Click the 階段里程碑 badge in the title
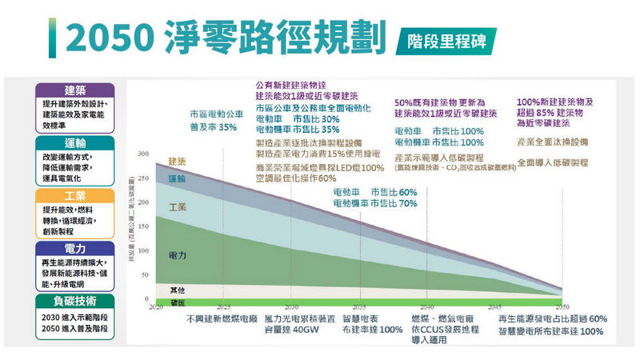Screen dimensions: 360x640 click(x=445, y=39)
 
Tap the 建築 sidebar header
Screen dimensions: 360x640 click(x=75, y=89)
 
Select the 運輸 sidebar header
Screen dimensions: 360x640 click(x=75, y=142)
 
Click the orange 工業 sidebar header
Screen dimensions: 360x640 click(x=75, y=196)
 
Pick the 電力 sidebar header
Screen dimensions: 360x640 click(x=75, y=249)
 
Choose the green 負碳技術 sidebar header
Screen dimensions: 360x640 click(x=75, y=302)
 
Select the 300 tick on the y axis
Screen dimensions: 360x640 click(x=142, y=153)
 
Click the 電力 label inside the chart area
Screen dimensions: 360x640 click(x=178, y=254)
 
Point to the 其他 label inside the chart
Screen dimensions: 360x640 click(x=178, y=288)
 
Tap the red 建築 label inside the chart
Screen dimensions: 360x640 click(x=178, y=162)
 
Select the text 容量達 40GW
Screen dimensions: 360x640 click(x=286, y=329)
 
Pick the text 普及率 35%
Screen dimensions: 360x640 click(x=213, y=127)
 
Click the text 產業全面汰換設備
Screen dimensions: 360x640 click(x=552, y=142)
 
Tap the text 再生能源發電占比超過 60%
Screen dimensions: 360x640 click(x=552, y=318)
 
